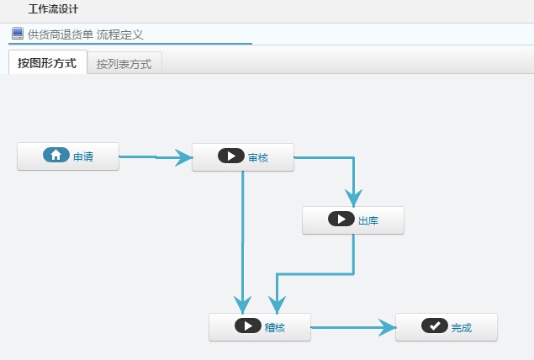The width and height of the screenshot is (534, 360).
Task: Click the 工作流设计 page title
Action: [x=52, y=9]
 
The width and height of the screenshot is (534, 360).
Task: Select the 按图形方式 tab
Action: [x=47, y=63]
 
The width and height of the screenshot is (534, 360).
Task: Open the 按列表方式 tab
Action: [x=124, y=64]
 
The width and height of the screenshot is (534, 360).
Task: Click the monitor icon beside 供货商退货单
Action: [x=17, y=34]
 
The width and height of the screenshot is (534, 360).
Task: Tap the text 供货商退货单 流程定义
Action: [x=85, y=34]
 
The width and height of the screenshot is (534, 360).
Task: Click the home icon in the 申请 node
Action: [x=56, y=156]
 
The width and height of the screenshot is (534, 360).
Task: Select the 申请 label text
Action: [x=82, y=156]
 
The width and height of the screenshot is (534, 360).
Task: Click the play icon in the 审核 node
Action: [x=230, y=156]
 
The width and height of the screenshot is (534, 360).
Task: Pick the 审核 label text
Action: [x=258, y=157]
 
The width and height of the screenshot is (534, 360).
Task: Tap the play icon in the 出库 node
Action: [x=341, y=220]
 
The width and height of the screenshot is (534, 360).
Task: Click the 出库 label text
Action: [x=368, y=221]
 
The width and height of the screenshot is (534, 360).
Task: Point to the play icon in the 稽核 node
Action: [x=247, y=326]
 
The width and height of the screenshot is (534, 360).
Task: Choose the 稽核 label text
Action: [x=275, y=327]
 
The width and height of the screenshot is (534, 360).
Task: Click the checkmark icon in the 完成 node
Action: [x=434, y=326]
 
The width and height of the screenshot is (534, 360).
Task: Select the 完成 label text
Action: [x=461, y=328]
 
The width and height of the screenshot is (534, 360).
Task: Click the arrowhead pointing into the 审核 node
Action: [x=183, y=156]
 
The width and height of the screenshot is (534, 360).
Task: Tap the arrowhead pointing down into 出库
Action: [x=353, y=199]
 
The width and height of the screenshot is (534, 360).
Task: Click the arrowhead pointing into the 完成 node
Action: [x=387, y=326]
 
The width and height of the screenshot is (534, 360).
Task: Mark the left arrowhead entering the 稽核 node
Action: [x=243, y=304]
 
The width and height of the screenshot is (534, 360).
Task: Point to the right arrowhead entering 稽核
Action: [x=277, y=304]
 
